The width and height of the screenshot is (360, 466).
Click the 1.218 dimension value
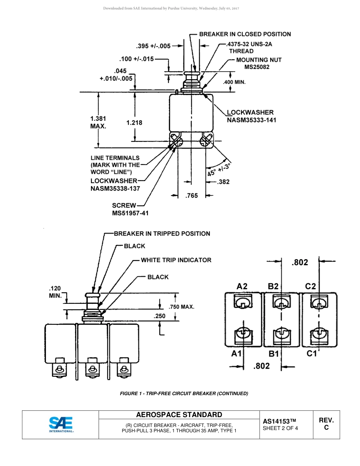pos(134,123)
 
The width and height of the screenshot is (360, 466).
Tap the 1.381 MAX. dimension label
pos(98,122)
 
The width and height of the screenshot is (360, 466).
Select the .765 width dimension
pos(191,196)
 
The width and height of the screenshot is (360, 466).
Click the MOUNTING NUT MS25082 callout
pos(258,63)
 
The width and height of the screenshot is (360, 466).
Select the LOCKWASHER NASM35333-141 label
pos(251,116)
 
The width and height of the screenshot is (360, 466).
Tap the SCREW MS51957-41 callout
pos(130,209)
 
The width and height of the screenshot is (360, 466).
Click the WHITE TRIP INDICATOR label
pos(176,260)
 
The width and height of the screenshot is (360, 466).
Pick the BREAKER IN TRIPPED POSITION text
pos(162,234)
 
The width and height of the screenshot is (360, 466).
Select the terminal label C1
pos(311,353)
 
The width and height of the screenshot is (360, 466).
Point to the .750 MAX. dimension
pos(181,307)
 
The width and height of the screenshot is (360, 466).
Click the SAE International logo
pos(61,424)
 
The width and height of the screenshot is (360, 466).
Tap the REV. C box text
pos(326,424)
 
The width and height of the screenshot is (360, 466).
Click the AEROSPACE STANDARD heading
pos(179,414)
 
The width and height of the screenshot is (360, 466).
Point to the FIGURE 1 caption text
pos(184,393)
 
